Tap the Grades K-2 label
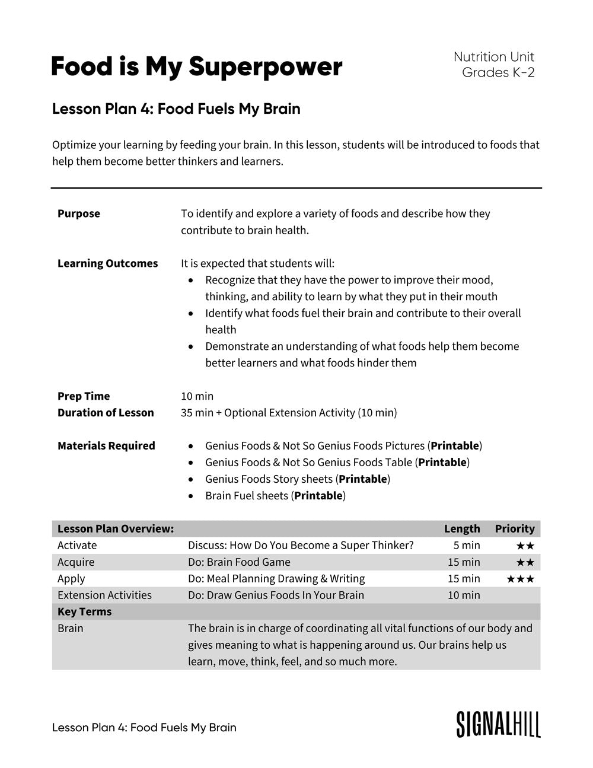(498, 73)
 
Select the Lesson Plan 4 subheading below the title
(176, 109)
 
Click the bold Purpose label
(79, 213)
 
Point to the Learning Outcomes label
(107, 263)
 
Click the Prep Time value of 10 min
(197, 396)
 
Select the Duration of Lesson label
(106, 413)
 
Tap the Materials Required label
(106, 446)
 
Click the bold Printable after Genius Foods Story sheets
(363, 479)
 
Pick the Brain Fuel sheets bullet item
(275, 496)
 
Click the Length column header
(462, 529)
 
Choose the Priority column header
(515, 529)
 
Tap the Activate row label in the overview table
(77, 546)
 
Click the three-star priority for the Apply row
(520, 579)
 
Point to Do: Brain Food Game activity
(239, 562)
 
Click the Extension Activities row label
(104, 595)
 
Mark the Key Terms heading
(84, 612)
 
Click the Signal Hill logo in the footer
(498, 725)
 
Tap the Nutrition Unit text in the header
(493, 57)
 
